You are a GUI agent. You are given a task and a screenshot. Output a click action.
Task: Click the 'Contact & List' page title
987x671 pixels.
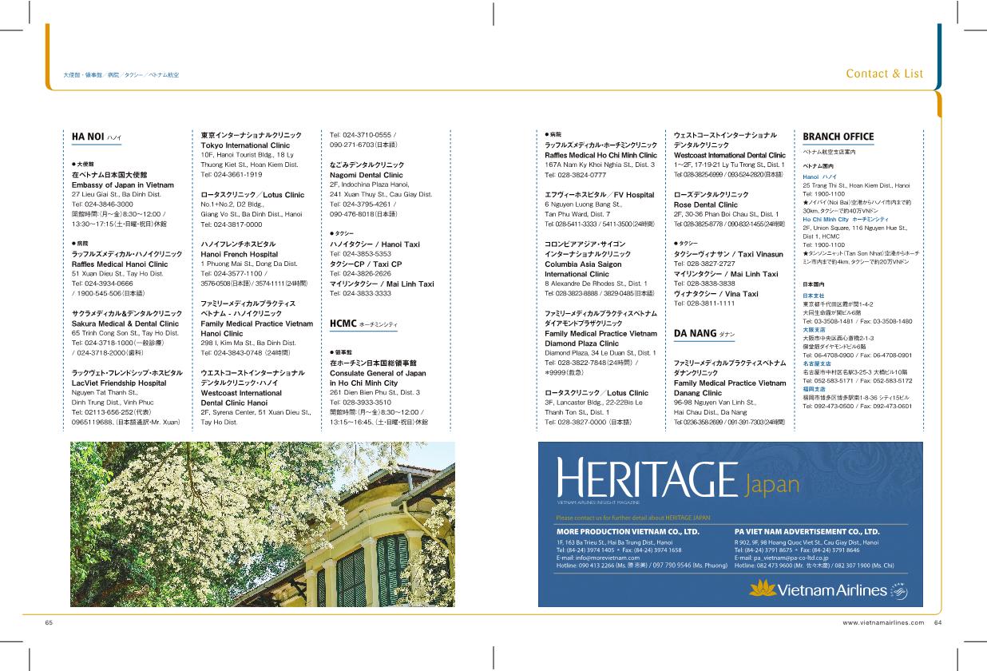[x=884, y=73]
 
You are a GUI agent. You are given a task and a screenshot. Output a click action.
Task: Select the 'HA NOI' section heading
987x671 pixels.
[x=88, y=137]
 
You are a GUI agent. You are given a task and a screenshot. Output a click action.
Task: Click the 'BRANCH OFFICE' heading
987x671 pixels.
[x=838, y=137]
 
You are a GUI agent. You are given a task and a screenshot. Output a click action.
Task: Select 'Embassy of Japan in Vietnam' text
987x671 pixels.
[x=122, y=185]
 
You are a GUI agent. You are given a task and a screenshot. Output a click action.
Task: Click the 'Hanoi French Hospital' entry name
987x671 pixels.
[x=239, y=254]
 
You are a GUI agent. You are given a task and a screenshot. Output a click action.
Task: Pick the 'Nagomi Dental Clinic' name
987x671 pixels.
[x=367, y=175]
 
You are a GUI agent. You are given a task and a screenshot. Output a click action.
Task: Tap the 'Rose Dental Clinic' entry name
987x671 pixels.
[x=705, y=204]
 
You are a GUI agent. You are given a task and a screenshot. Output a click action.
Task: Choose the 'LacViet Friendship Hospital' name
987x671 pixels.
[x=119, y=383]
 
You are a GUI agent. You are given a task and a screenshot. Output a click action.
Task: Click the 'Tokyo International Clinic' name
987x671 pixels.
[x=245, y=146]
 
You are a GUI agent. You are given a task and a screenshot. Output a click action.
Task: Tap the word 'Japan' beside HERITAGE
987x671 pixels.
[x=772, y=484]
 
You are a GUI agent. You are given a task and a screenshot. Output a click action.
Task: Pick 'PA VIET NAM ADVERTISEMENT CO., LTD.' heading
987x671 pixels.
[x=807, y=531]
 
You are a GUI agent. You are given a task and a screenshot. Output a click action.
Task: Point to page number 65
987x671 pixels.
[x=49, y=623]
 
